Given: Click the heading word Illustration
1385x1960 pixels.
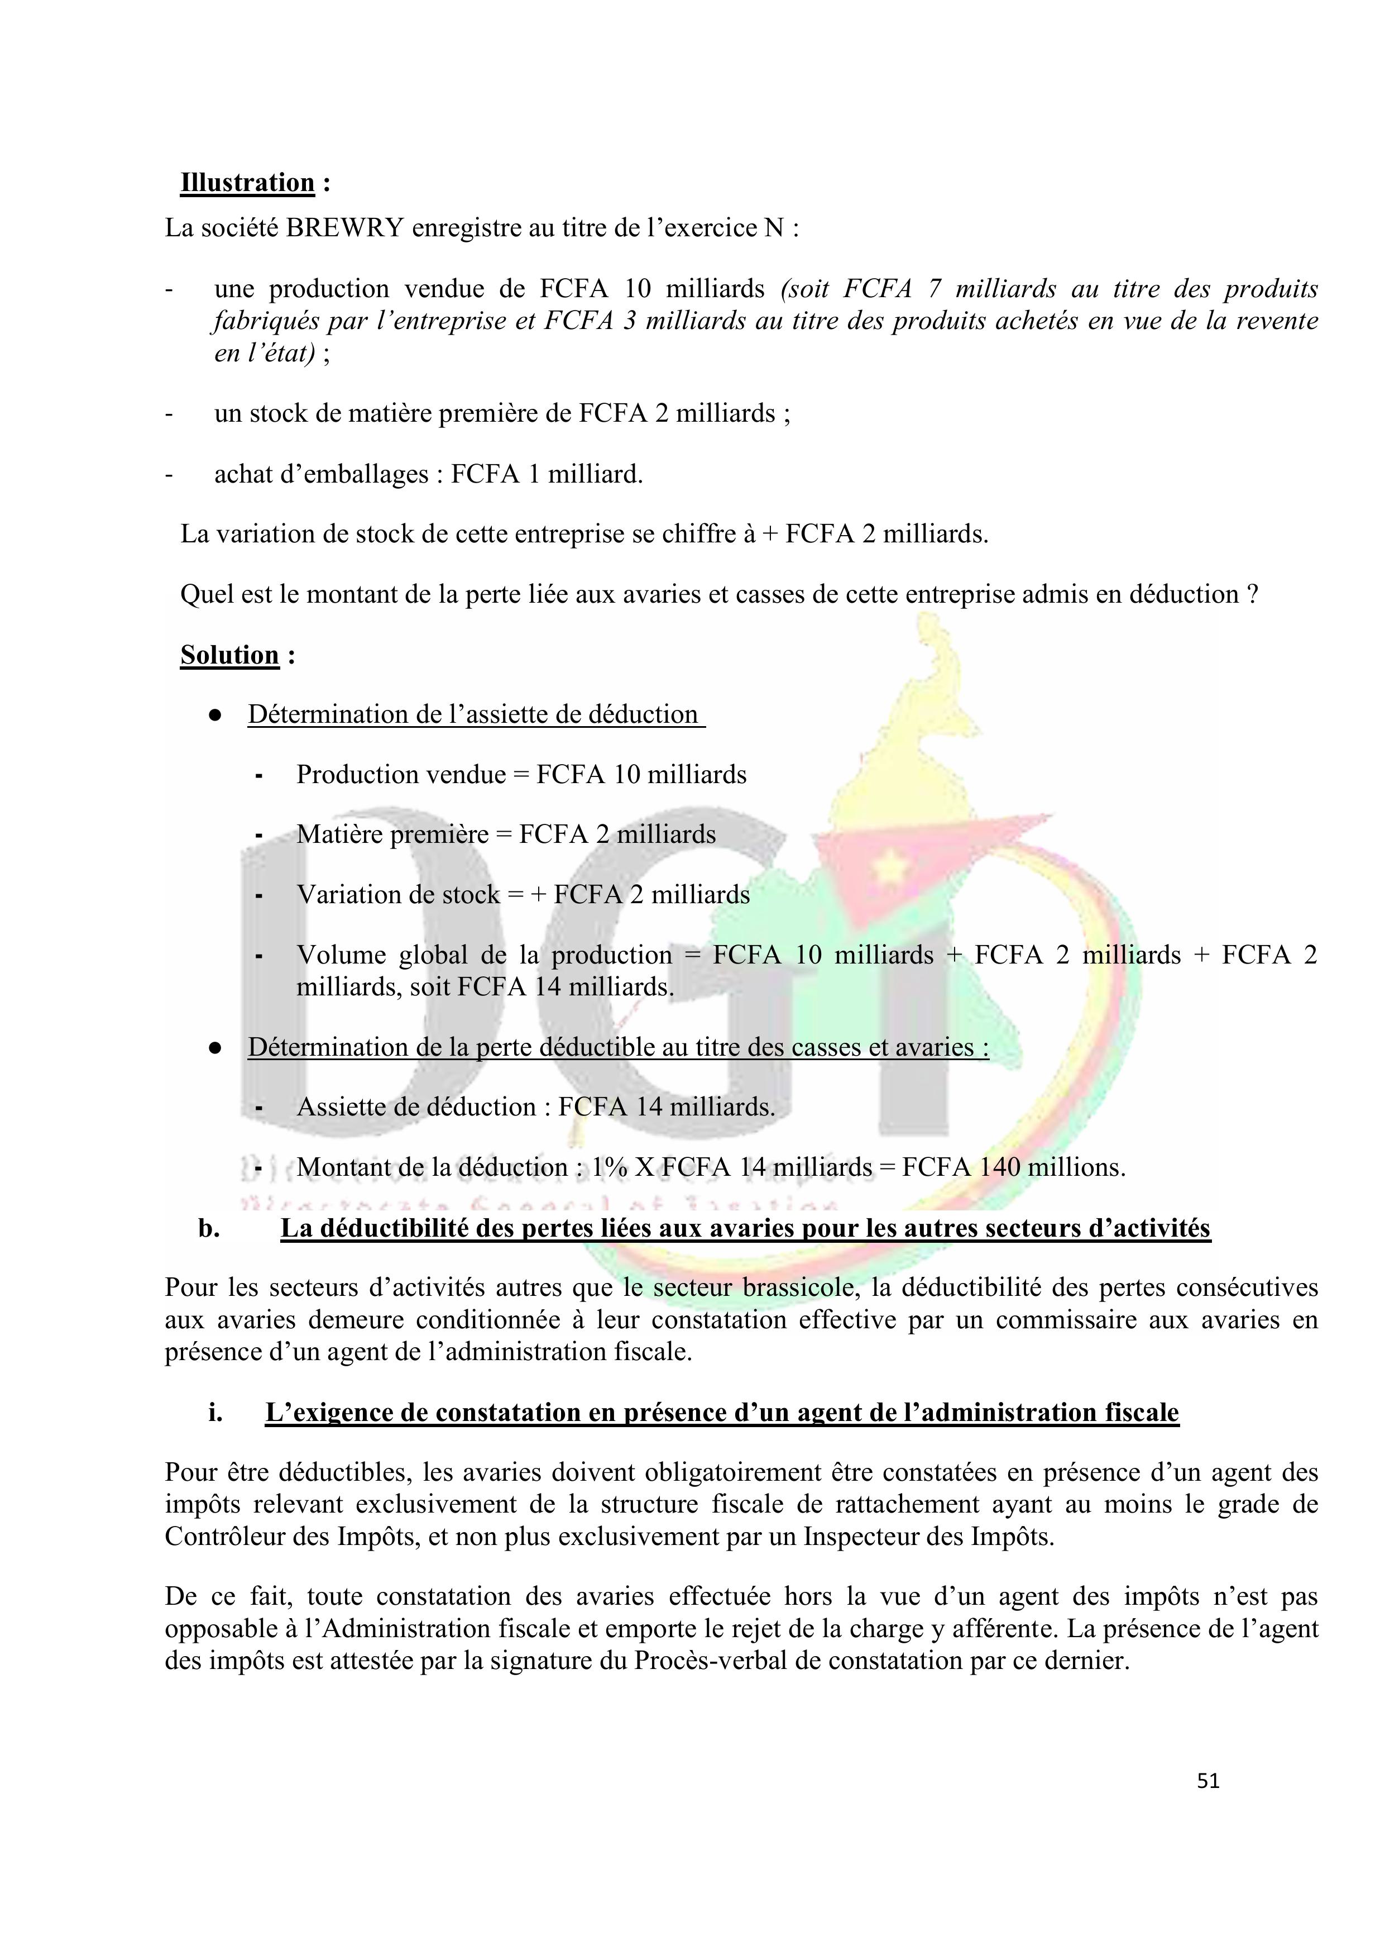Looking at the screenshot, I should point(247,183).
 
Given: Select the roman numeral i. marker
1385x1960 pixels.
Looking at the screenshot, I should point(215,1413).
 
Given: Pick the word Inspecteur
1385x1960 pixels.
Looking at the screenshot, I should point(866,1537).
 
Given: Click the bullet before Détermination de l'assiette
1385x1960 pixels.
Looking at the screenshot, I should point(215,716).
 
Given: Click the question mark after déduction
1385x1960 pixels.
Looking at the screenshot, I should point(1252,595).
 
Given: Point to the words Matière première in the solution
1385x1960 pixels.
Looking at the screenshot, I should point(392,834).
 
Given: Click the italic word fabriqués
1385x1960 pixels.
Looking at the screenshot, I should point(266,321).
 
